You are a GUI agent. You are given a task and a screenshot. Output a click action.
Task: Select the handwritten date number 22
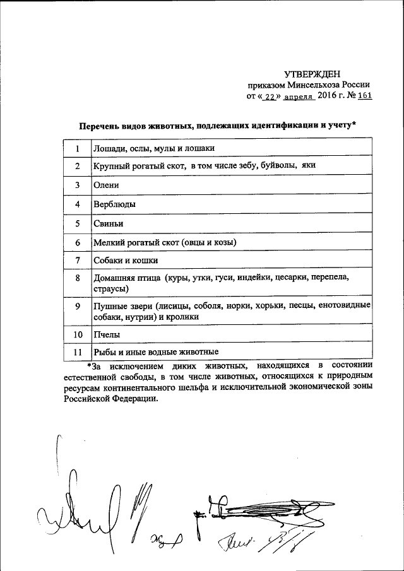point(270,98)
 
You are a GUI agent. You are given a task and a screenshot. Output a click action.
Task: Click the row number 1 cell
point(77,148)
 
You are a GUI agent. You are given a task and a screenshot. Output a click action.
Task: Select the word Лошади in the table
point(109,148)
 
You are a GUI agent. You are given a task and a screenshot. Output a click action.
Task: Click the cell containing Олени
point(105,185)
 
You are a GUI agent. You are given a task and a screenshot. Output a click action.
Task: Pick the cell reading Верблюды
point(114,204)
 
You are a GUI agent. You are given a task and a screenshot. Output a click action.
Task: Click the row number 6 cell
point(77,242)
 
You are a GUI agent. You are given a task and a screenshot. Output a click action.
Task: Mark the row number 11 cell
point(77,352)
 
